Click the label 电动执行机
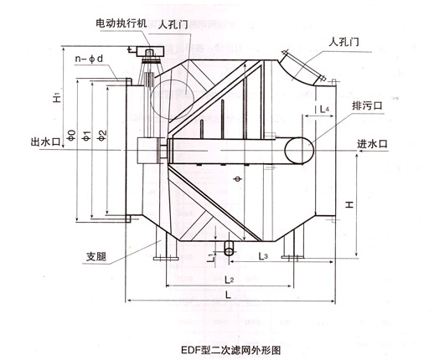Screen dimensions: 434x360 click(121, 23)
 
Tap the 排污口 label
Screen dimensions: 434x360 click(367, 106)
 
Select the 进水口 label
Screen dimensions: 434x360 click(373, 144)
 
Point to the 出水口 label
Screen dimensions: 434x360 click(45, 141)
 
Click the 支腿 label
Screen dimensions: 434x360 click(96, 256)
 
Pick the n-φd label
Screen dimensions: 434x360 click(90, 59)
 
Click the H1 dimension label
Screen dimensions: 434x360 click(57, 98)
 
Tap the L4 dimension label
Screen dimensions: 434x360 click(324, 109)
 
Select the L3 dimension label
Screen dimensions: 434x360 click(263, 255)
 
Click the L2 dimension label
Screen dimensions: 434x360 click(229, 280)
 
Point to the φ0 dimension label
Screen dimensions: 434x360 click(72, 135)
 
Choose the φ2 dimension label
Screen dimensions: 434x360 click(102, 136)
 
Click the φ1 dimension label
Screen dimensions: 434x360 click(87, 136)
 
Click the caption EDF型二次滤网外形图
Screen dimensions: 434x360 click(231, 350)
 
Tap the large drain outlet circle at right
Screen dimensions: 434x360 click(299, 151)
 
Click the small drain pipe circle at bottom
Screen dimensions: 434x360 click(230, 251)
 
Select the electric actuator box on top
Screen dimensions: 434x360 click(148, 52)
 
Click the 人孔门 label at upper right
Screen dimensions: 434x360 click(344, 42)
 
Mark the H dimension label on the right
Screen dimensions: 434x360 click(349, 204)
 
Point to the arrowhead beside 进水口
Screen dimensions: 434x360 click(359, 151)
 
